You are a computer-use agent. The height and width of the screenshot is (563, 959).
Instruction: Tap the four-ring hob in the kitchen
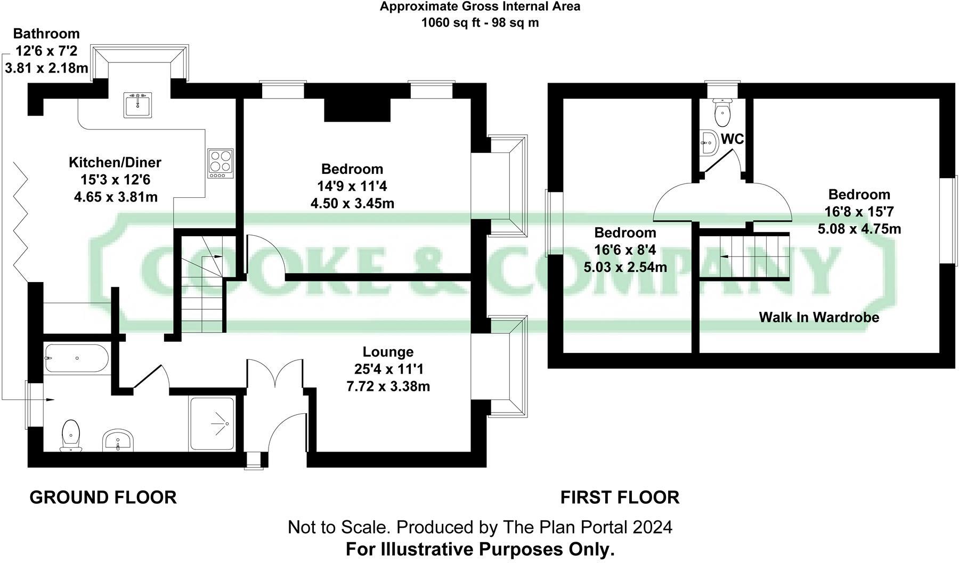point(220,163)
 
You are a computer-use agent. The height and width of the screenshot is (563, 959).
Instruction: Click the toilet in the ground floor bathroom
point(71,434)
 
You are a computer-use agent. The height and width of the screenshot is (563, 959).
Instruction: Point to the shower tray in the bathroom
point(212,424)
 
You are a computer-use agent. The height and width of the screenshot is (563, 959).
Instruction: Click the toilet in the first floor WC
point(722,110)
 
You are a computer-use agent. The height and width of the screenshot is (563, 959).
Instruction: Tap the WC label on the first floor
point(732,139)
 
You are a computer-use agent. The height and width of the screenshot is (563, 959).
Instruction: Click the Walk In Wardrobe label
point(818,318)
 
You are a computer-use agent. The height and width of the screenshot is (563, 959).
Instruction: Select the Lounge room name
point(388,352)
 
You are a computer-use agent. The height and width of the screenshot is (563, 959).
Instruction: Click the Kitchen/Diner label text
point(115,163)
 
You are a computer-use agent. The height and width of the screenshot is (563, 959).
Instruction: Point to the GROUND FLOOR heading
point(103,497)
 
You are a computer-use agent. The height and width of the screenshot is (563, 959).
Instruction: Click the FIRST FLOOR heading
point(620,497)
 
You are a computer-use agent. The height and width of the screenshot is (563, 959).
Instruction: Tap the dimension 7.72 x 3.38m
point(388,386)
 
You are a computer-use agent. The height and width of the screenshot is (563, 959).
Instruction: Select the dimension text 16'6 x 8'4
point(625,250)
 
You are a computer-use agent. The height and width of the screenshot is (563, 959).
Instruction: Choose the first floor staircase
point(744,256)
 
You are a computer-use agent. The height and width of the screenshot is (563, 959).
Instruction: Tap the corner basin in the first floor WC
point(708,142)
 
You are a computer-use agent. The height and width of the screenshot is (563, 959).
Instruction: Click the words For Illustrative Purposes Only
point(480,549)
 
